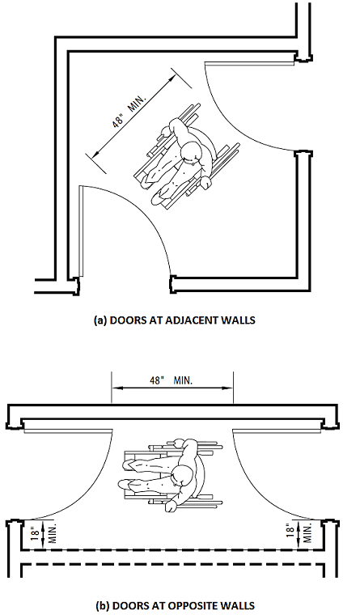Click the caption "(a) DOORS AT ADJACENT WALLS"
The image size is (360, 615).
[x=175, y=320]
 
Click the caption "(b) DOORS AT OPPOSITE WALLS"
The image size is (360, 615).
[x=175, y=605]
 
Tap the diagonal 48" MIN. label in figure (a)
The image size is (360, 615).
[x=129, y=111]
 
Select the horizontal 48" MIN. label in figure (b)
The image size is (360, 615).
[x=171, y=380]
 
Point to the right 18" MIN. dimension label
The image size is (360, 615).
[x=299, y=533]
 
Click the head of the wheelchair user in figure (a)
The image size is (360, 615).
[x=193, y=153]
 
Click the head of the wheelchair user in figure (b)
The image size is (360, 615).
[x=183, y=477]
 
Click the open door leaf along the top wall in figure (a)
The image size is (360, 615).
[x=249, y=63]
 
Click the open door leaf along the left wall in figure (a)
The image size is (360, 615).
[x=80, y=230]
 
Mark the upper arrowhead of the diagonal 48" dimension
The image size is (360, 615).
[x=172, y=79]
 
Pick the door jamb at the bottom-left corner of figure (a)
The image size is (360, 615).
[x=74, y=286]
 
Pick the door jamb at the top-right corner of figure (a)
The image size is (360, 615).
[x=303, y=56]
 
